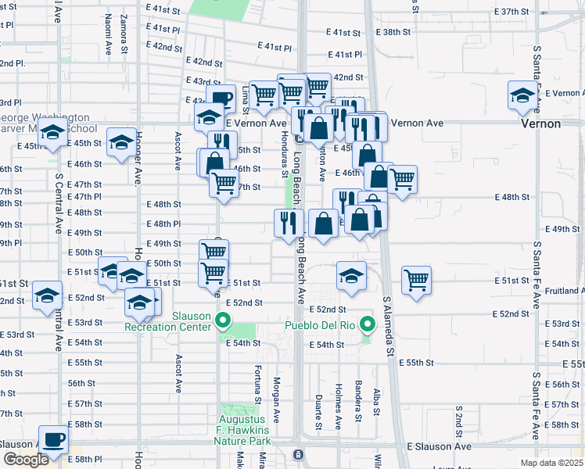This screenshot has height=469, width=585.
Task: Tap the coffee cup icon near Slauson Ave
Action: coord(54,440)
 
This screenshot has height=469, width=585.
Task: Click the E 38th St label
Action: coord(393,32)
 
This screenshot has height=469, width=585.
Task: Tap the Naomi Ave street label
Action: coord(107,37)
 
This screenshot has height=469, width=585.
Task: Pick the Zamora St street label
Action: coord(124,34)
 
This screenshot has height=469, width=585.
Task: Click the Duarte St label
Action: coord(318,412)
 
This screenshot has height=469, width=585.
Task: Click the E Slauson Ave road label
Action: coord(440,446)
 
